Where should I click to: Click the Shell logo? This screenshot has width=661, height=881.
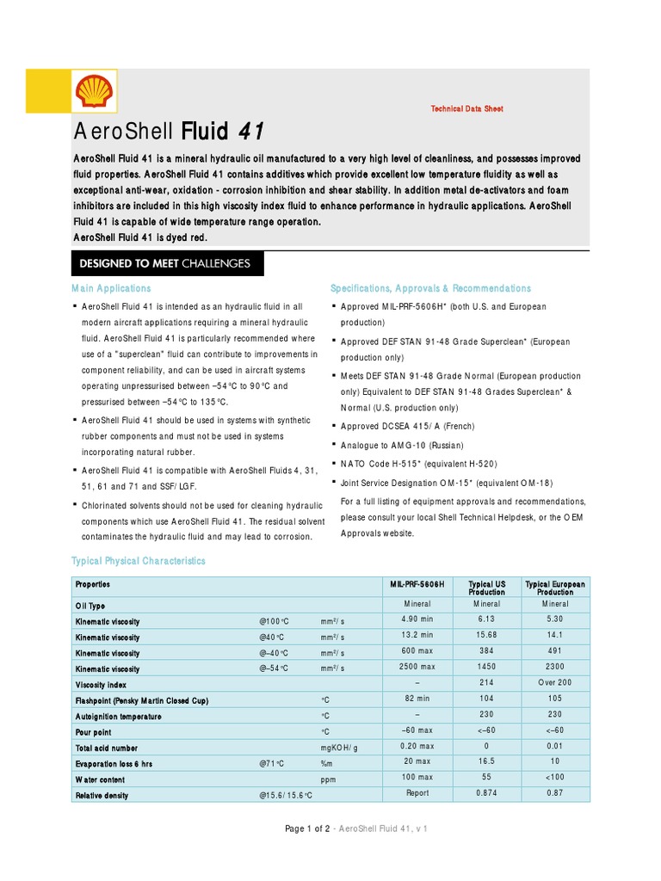94,91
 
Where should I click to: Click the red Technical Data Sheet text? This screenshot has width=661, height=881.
466,109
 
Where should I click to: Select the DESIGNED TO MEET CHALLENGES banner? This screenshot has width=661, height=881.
167,263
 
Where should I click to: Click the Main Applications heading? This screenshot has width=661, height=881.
110,288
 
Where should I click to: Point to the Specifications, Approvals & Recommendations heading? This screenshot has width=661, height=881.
430,288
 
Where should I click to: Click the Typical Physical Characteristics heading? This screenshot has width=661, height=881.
138,561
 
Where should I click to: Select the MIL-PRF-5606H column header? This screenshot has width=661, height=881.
417,584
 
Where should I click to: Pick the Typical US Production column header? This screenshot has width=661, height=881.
486,588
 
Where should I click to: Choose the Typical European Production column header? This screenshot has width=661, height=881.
555,588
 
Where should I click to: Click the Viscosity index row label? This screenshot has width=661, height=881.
101,685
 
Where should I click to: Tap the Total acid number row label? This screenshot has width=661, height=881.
106,749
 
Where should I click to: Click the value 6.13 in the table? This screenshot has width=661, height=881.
486,619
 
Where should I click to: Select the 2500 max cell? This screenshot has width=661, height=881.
417,667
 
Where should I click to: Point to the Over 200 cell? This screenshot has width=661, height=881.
555,682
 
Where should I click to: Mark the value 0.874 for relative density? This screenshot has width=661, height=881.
486,793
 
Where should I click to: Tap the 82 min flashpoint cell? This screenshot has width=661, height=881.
417,699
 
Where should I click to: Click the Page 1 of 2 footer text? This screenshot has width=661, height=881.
307,829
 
